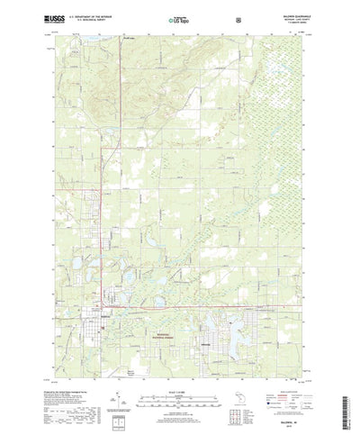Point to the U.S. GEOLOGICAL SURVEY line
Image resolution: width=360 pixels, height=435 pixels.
(86, 19)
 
